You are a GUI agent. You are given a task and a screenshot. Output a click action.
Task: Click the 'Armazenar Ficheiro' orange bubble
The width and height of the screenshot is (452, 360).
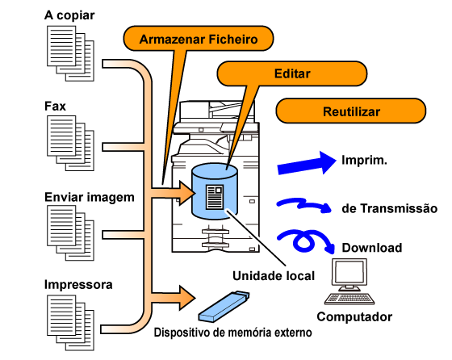pyautogui.click(x=199, y=39)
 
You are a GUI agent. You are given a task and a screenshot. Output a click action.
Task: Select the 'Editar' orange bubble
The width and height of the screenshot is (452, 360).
pyautogui.click(x=291, y=73)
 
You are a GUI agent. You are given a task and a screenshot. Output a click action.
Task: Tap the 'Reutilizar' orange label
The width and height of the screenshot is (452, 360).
pyautogui.click(x=351, y=111)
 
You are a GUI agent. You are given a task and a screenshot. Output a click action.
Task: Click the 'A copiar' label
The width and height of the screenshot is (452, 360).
pyautogui.click(x=69, y=15)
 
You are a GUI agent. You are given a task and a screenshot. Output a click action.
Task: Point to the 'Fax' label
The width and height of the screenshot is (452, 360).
pyautogui.click(x=55, y=106)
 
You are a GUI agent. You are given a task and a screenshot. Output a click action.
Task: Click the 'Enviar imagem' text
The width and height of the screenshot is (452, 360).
pyautogui.click(x=90, y=198)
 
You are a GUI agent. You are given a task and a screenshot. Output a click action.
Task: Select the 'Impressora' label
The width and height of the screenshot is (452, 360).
pyautogui.click(x=78, y=284)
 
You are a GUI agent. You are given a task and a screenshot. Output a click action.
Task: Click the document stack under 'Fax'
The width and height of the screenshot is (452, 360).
pyautogui.click(x=71, y=143)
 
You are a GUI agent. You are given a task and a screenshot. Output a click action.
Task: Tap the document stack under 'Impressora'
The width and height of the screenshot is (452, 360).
pyautogui.click(x=71, y=323)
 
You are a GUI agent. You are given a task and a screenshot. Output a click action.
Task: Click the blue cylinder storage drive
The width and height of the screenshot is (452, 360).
pyautogui.click(x=215, y=190)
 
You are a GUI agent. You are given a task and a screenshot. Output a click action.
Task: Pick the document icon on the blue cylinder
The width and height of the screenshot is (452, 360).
pyautogui.click(x=215, y=197)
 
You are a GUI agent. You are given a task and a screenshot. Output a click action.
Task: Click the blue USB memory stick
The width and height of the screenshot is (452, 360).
pyautogui.click(x=224, y=307)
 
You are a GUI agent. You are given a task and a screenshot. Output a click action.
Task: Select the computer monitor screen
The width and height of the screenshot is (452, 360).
pyautogui.click(x=349, y=272)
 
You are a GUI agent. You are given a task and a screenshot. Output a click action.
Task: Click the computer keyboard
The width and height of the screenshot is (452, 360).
pyautogui.click(x=349, y=299)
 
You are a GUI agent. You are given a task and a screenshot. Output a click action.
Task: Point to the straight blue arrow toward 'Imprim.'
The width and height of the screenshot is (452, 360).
pyautogui.click(x=307, y=163)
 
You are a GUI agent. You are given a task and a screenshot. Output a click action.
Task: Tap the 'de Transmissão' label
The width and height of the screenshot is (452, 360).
pyautogui.click(x=389, y=208)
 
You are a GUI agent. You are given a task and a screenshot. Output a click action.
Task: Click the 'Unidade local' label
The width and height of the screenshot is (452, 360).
pyautogui.click(x=274, y=276)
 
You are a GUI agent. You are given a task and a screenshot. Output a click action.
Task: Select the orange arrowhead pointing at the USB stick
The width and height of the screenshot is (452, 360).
pyautogui.click(x=187, y=298)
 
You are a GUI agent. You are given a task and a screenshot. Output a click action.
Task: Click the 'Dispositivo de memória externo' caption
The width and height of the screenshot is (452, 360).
pyautogui.click(x=233, y=333)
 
